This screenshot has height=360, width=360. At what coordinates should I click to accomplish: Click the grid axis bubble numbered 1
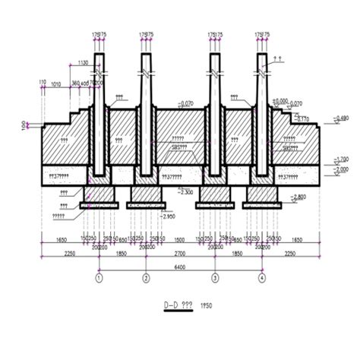point(98,278)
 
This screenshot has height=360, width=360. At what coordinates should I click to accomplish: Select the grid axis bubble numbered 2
point(145,278)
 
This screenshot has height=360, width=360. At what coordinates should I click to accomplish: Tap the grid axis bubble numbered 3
point(215,278)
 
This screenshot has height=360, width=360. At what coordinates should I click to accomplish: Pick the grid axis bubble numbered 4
point(262,278)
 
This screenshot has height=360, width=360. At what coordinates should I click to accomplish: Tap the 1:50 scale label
point(205,305)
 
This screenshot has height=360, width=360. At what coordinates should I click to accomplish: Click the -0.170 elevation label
point(302,118)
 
